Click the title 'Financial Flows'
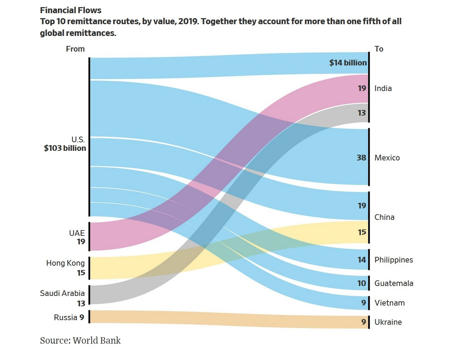[x=71, y=10]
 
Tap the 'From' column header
[x=75, y=49]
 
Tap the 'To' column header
[x=379, y=49]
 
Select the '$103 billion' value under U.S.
[x=65, y=148]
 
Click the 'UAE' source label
[x=77, y=233]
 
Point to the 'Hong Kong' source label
[x=66, y=263]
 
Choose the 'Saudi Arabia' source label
[x=62, y=293]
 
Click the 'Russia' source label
[x=66, y=317]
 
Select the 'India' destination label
[x=383, y=89]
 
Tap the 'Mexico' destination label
[x=387, y=158]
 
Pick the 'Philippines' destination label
[x=393, y=260]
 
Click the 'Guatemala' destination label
[x=393, y=284]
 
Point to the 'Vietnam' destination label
[x=389, y=303]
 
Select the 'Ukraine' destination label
[x=388, y=322]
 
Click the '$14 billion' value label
[x=348, y=63]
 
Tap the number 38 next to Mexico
[x=361, y=158]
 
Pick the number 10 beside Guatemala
[x=361, y=284]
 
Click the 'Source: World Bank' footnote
[x=80, y=341]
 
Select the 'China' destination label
[x=384, y=217]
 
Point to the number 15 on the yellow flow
[x=361, y=232]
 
